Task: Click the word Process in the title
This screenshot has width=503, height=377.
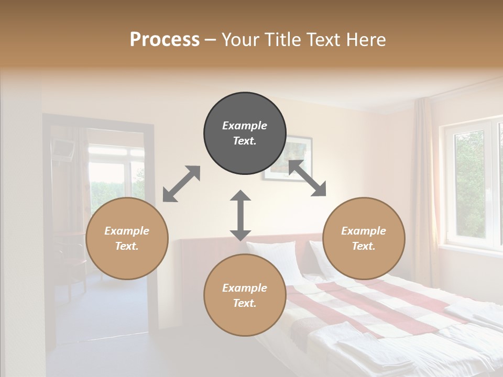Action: pyautogui.click(x=165, y=40)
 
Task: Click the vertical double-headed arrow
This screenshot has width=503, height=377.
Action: pyautogui.click(x=240, y=215)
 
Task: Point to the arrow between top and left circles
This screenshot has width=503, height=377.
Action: pyautogui.click(x=181, y=184)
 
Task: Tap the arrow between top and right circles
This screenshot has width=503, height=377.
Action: pyautogui.click(x=307, y=179)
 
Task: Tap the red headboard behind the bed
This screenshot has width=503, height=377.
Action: pyautogui.click(x=194, y=262)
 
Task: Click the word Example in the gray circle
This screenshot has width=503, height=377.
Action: pyautogui.click(x=245, y=126)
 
